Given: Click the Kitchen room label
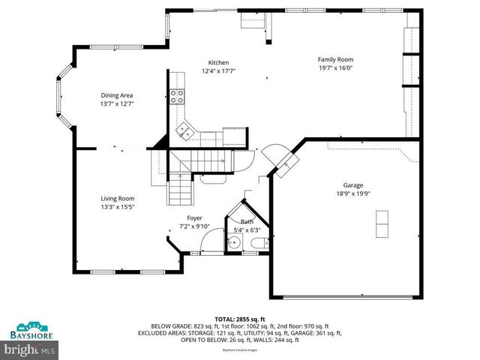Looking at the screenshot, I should pos(218,63).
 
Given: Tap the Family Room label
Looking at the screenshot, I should pos(335,59).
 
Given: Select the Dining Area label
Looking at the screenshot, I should pos(117,95).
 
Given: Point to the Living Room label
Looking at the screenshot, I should pos(118,198).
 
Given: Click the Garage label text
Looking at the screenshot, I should pos(353,184).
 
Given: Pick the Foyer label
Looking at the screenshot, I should pos(195,218).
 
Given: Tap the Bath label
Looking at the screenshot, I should pos(247,221).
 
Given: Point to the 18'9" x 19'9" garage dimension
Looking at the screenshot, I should pos(353,193).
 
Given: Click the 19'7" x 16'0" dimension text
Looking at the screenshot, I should pos(335,67).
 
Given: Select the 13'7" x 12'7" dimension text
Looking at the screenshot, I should pos(117,103).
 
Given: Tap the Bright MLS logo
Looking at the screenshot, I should pos(30,349).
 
